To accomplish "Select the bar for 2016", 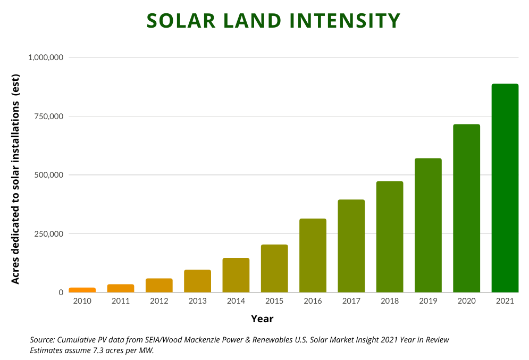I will point(313,255).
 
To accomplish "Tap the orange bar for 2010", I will point(82,290).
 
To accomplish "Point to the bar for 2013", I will point(197,281).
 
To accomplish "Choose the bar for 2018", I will point(390,237).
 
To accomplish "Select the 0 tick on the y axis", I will point(61,292).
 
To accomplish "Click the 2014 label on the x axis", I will point(236,302).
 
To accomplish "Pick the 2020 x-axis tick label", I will point(466,302).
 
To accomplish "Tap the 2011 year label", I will point(121,302).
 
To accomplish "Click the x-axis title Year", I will point(262,319).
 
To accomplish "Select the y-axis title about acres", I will point(15,175).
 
